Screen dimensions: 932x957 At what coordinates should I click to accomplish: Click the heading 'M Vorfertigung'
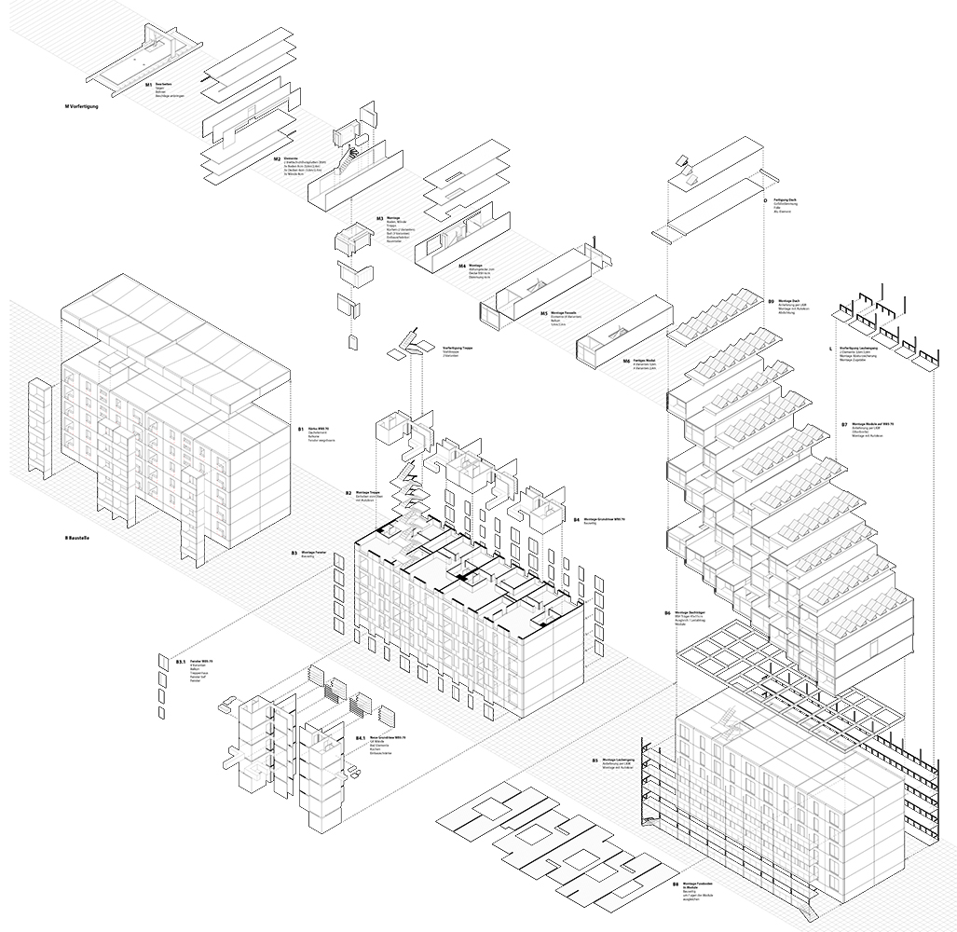click(82, 107)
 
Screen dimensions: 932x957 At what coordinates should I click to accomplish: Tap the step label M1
click(148, 85)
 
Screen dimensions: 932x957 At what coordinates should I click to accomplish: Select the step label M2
click(278, 158)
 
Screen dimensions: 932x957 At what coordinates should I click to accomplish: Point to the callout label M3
click(380, 219)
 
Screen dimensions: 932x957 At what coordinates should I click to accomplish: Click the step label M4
click(462, 265)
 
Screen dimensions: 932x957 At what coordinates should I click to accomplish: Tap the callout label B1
click(301, 430)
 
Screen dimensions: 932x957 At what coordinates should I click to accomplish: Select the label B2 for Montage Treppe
click(349, 492)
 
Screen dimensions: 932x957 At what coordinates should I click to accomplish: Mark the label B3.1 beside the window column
click(180, 662)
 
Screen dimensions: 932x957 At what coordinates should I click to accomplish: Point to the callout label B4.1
click(360, 737)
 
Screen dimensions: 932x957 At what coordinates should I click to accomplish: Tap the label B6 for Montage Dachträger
click(667, 612)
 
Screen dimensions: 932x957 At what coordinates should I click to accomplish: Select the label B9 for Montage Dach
click(772, 301)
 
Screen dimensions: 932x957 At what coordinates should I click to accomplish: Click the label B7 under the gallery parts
click(843, 423)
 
